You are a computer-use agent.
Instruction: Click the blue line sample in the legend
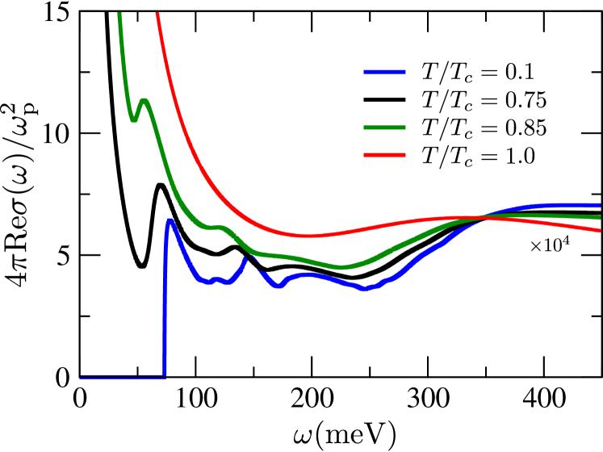pyautogui.click(x=383, y=73)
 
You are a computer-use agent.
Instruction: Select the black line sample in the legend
pyautogui.click(x=383, y=100)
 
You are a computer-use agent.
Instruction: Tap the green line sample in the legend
pyautogui.click(x=383, y=128)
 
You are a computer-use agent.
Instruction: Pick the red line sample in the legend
pyautogui.click(x=383, y=155)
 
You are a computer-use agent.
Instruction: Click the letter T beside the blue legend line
pyautogui.click(x=429, y=73)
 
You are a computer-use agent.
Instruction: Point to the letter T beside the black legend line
pyautogui.click(x=429, y=100)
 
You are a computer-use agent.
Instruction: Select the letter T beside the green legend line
pyautogui.click(x=429, y=128)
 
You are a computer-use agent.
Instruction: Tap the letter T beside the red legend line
pyautogui.click(x=429, y=155)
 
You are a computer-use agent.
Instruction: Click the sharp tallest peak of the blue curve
pyautogui.click(x=170, y=220)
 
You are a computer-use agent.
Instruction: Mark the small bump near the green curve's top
pyautogui.click(x=144, y=101)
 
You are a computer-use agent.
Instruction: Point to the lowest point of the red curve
pyautogui.click(x=307, y=236)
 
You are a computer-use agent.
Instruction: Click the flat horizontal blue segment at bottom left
pyautogui.click(x=121, y=376)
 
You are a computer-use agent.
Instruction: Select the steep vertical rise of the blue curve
pyautogui.click(x=165, y=307)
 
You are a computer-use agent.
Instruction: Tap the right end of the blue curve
pyautogui.click(x=599, y=205)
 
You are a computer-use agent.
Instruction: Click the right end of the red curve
pyautogui.click(x=599, y=230)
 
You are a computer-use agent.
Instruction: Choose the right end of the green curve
pyautogui.click(x=599, y=217)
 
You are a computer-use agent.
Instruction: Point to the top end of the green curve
pyautogui.click(x=119, y=15)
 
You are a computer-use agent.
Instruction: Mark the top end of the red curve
pyautogui.click(x=157, y=15)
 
